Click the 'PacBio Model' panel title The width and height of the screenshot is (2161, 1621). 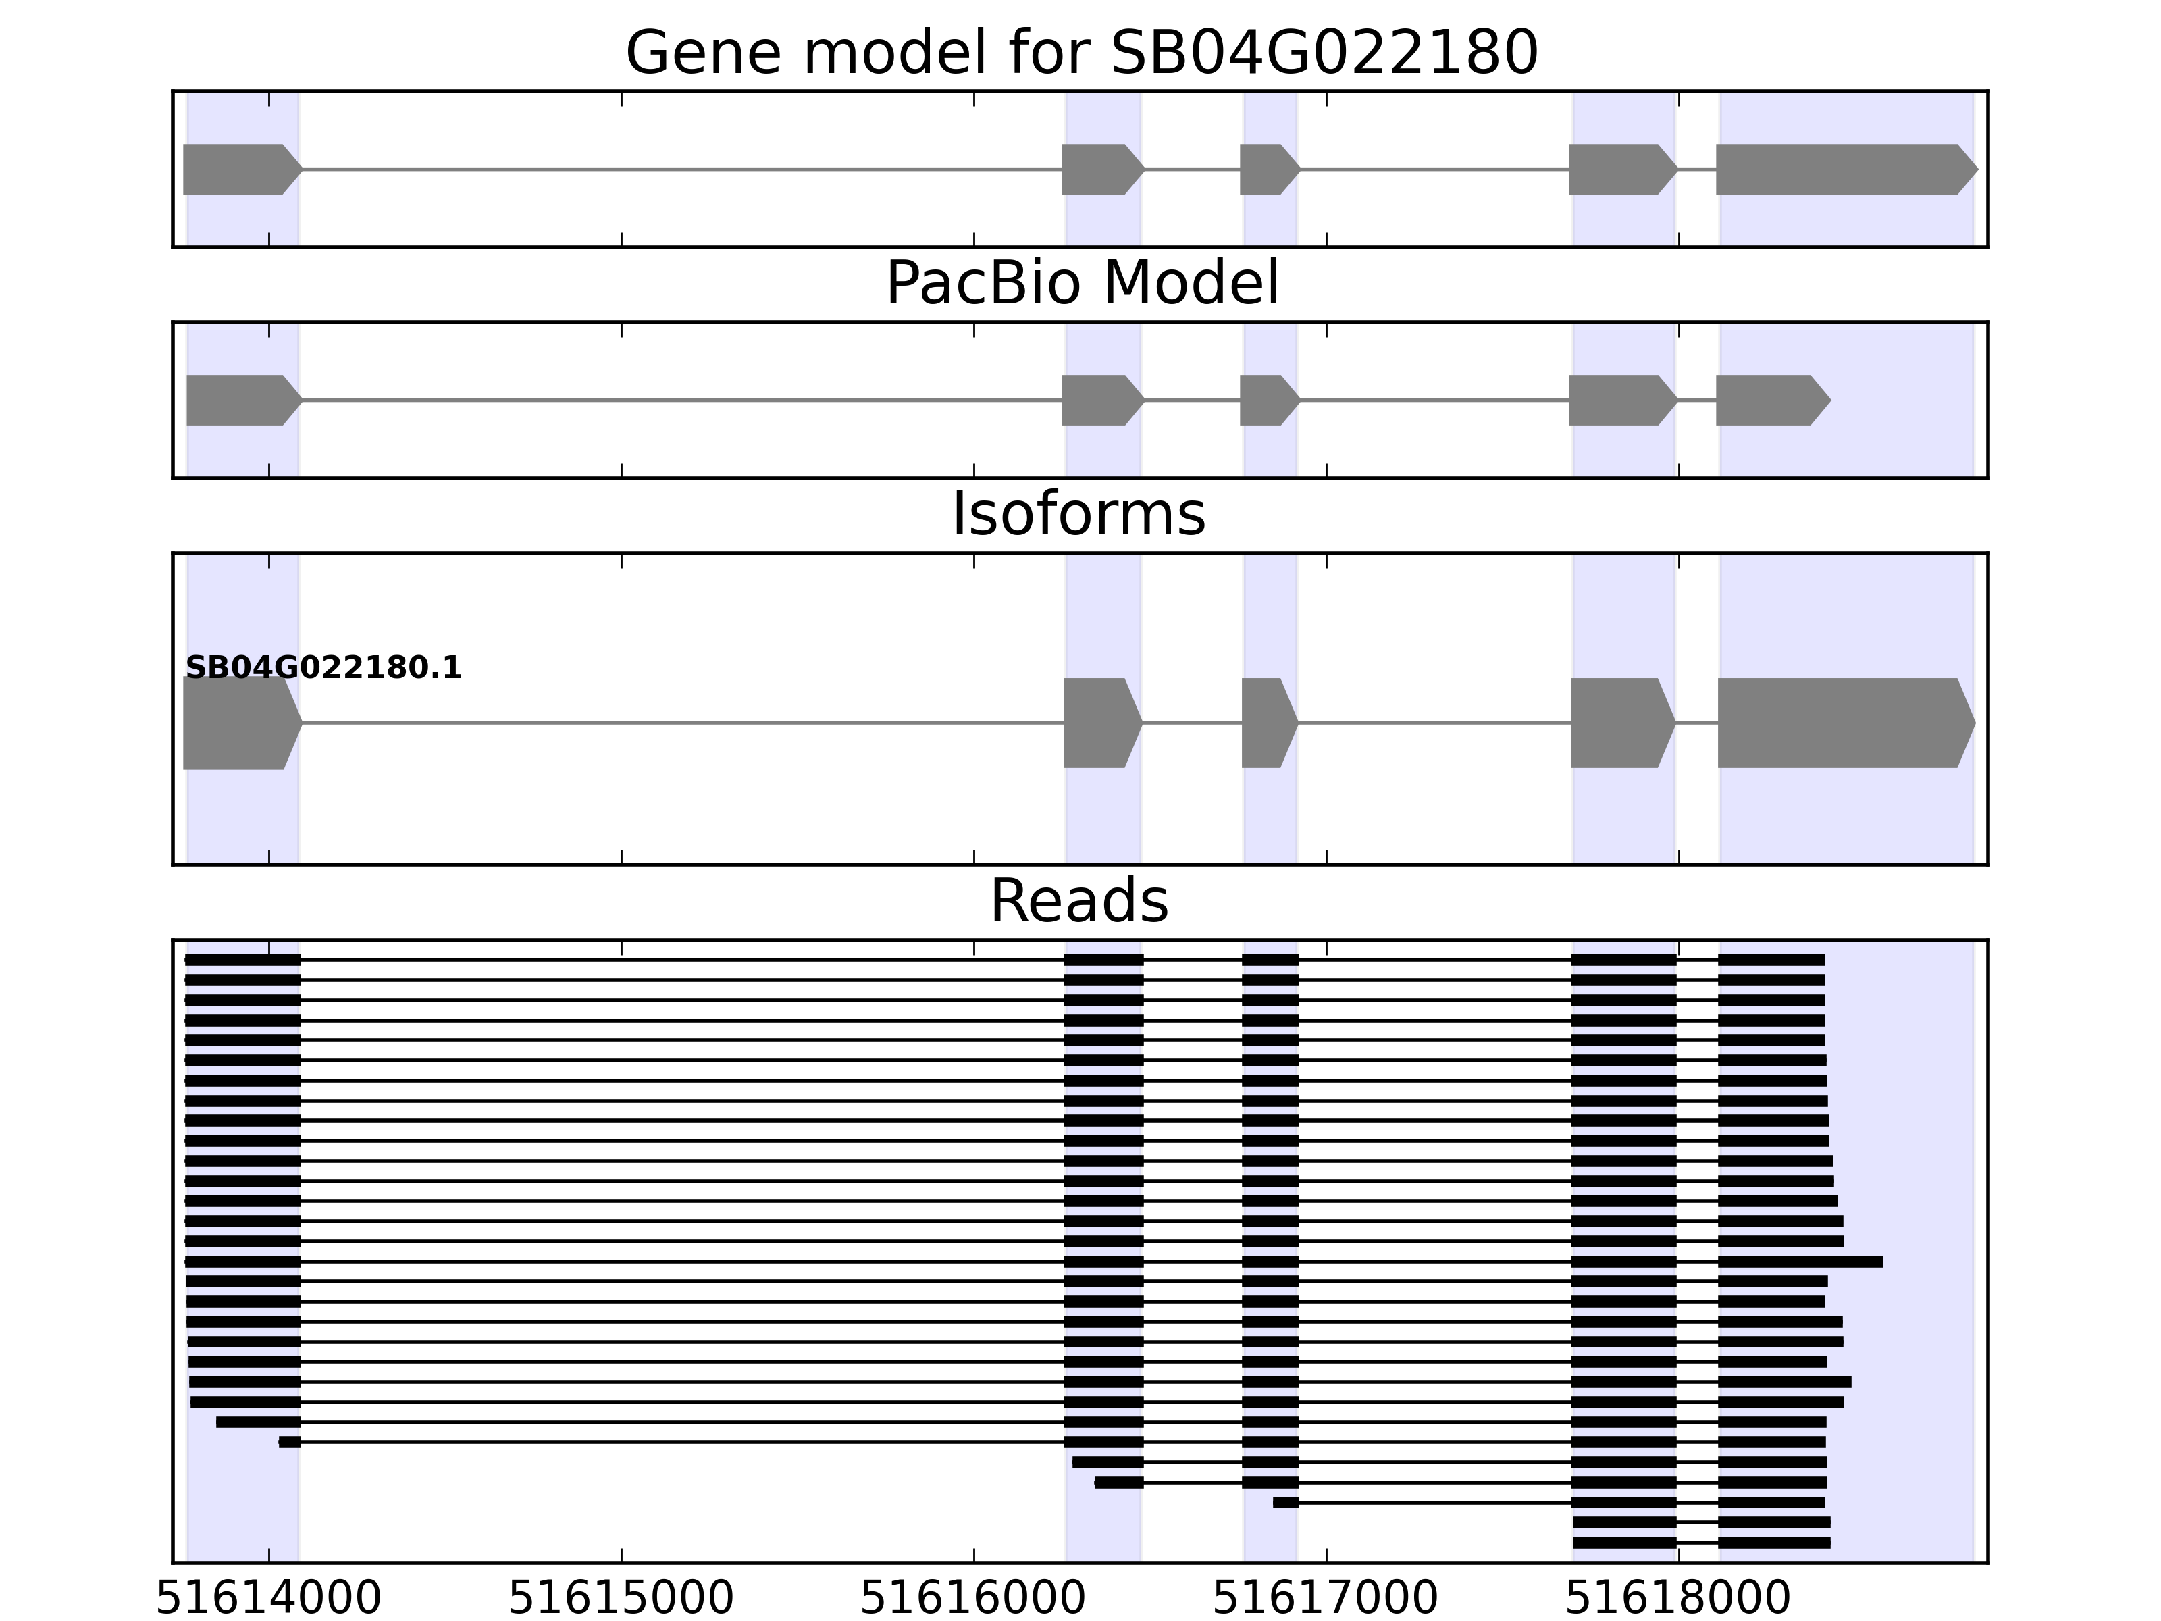pos(1080,284)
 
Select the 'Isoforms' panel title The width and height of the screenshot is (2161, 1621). pos(1078,514)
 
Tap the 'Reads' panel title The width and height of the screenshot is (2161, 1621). pos(1078,901)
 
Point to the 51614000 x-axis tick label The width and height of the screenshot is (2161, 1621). pos(269,1599)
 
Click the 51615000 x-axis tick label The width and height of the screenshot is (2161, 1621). pos(621,1599)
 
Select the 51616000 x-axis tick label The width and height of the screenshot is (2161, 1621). pos(973,1599)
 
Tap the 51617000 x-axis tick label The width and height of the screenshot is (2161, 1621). pos(1326,1599)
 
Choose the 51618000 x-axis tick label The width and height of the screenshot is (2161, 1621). pos(1678,1599)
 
